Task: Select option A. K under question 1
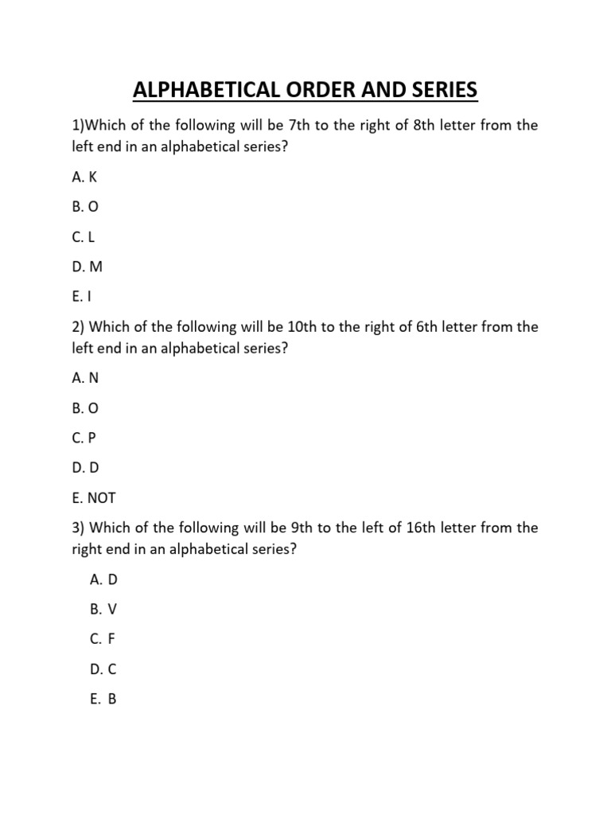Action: pos(84,177)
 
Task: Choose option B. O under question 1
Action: pos(84,207)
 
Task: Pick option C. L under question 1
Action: pos(84,237)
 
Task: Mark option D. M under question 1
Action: pos(87,267)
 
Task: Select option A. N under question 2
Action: pos(85,378)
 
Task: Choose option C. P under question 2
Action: pos(84,438)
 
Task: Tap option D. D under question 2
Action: pos(85,468)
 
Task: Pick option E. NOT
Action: pos(93,498)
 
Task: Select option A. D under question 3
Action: pos(103,579)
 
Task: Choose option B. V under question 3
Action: pos(103,610)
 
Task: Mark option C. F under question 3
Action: pos(103,639)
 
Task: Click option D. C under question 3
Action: pos(103,669)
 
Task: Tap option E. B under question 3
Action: pos(103,700)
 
